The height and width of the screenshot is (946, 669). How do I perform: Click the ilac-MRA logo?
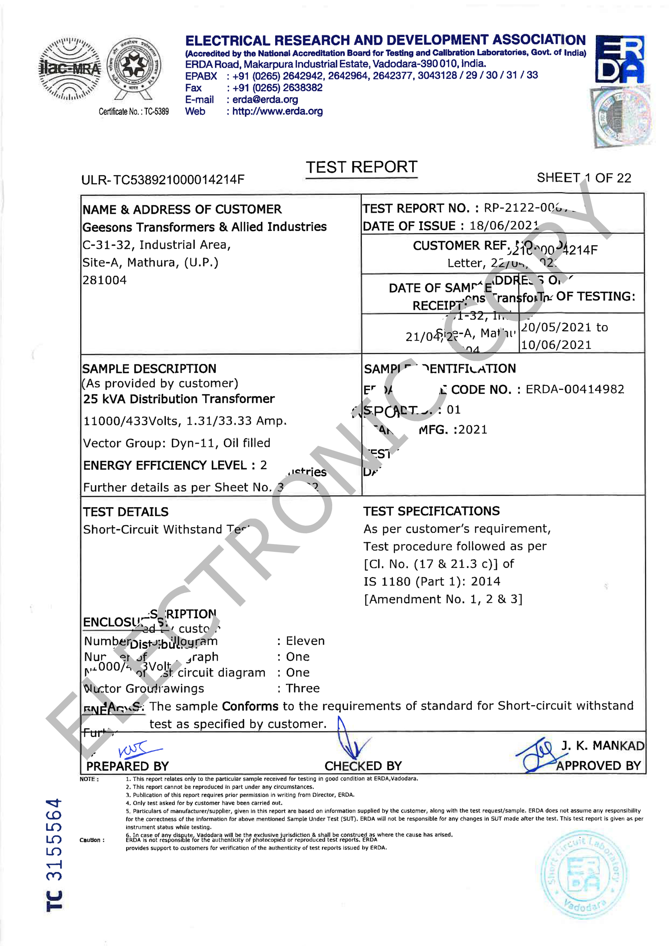70,69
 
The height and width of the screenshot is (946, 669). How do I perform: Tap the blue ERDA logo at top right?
619,59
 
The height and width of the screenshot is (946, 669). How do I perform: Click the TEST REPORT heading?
361,167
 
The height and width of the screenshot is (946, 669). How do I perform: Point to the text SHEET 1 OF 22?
584,178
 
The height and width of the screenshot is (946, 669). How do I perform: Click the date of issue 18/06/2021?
504,226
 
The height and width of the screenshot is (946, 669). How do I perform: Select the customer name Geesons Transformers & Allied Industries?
204,227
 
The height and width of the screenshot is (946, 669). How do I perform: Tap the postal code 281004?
104,280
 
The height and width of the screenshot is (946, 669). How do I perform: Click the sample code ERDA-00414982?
574,389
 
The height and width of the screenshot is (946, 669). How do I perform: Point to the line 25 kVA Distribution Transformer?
178,399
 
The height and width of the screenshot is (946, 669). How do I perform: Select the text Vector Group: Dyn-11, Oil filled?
177,443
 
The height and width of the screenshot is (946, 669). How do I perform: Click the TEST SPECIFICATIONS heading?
431,511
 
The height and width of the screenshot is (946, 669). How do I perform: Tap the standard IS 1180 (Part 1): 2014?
431,582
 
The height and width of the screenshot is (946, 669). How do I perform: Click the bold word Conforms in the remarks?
250,706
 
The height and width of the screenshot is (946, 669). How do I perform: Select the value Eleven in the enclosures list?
305,641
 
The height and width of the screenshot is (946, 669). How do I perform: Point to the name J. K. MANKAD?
602,746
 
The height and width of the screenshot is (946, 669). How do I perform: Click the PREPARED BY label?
127,766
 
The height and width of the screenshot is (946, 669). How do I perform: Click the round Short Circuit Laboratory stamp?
583,874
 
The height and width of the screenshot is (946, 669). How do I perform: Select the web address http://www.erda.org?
277,112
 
